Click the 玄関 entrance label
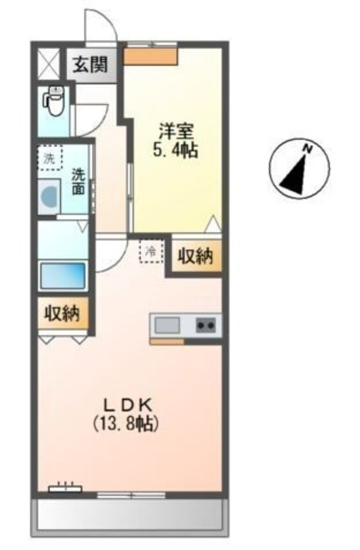click(x=88, y=64)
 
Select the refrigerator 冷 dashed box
click(x=151, y=252)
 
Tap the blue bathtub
click(x=62, y=276)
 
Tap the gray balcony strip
click(x=129, y=516)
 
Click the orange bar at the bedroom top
click(x=150, y=56)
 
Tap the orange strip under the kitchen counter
click(x=167, y=342)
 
